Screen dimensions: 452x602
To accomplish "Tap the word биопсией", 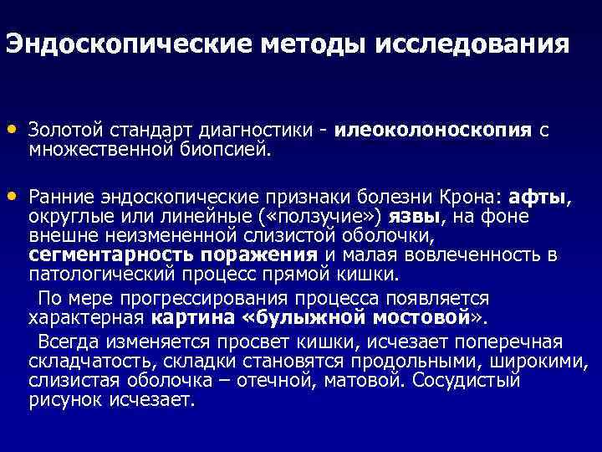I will point(224,151).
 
